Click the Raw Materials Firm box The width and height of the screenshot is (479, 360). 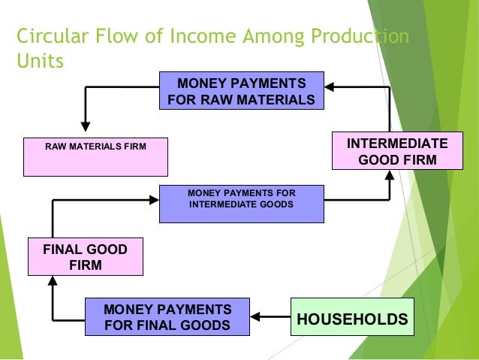pyautogui.click(x=95, y=156)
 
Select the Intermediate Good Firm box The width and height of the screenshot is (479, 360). pyautogui.click(x=389, y=153)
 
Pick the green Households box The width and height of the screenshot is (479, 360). pyautogui.click(x=352, y=319)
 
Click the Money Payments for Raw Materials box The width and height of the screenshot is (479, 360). pyautogui.click(x=241, y=91)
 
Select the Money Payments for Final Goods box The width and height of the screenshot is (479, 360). pyautogui.click(x=167, y=318)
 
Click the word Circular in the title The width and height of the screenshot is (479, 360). pyautogui.click(x=47, y=36)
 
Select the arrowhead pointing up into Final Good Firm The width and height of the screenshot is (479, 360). pyautogui.click(x=52, y=282)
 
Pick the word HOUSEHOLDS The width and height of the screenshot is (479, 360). pyautogui.click(x=352, y=319)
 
